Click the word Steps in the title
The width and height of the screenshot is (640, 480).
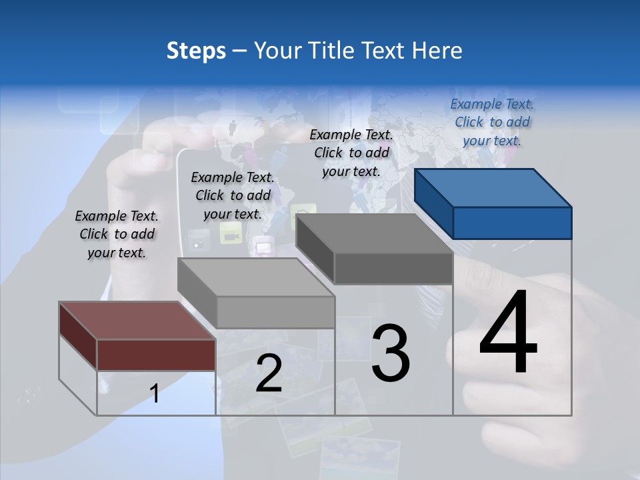195,51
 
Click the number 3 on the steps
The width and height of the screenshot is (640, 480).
390,354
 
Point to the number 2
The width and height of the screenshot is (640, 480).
269,374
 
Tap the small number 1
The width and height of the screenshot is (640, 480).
155,393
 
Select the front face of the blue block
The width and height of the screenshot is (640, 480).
512,223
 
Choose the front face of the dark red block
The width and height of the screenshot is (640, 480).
156,355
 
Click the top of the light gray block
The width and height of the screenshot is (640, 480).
256,277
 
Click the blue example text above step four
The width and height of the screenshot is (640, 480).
492,123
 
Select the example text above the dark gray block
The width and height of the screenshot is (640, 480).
351,153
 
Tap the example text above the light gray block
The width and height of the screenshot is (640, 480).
233,195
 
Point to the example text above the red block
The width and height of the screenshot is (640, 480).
117,234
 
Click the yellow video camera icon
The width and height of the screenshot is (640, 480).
230,234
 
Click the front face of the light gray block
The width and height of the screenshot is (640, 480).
275,312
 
